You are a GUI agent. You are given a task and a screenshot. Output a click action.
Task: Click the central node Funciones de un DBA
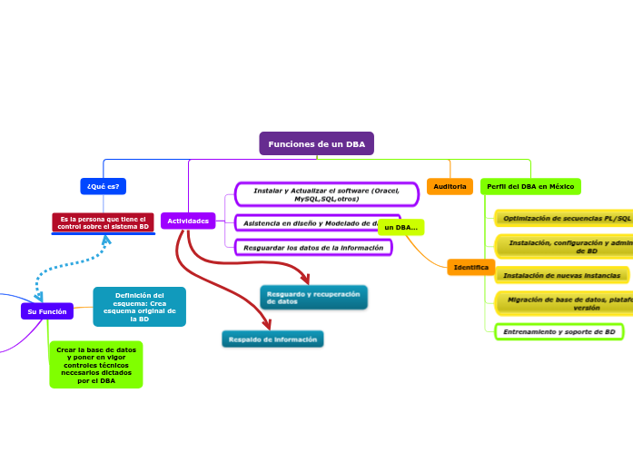point(316,143)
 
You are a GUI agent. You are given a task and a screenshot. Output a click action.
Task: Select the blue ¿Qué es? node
point(103,186)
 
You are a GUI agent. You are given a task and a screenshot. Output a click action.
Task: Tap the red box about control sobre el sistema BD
point(103,221)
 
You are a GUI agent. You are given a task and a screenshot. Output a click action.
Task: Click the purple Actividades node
point(188,221)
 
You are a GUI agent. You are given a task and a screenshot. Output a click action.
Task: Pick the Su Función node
point(47,311)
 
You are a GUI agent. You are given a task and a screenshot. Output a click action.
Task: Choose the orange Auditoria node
point(450,186)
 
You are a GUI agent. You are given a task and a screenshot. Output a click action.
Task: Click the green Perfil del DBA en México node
point(530,186)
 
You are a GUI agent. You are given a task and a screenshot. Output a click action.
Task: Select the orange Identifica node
point(470,267)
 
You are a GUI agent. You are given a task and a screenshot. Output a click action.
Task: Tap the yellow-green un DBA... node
point(401,227)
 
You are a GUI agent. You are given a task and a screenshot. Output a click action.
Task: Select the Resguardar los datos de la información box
point(313,247)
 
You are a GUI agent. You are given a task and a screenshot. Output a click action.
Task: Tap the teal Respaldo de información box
point(272,339)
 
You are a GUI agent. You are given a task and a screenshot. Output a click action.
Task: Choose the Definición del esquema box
point(139,307)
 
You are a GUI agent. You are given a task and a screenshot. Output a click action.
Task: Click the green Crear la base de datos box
point(96,364)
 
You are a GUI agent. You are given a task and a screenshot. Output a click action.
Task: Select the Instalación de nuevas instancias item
point(561,275)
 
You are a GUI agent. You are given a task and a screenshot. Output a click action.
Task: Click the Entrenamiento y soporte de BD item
point(559,331)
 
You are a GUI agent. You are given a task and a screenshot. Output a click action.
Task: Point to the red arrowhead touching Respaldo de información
point(265,323)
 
